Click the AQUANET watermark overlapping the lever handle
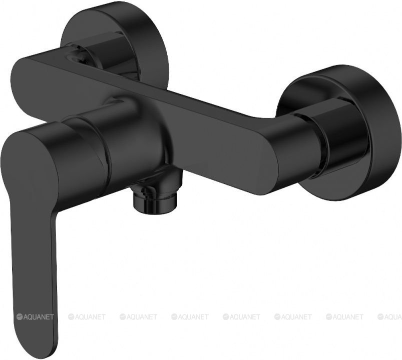(36, 317)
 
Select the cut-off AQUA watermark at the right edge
(389, 317)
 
